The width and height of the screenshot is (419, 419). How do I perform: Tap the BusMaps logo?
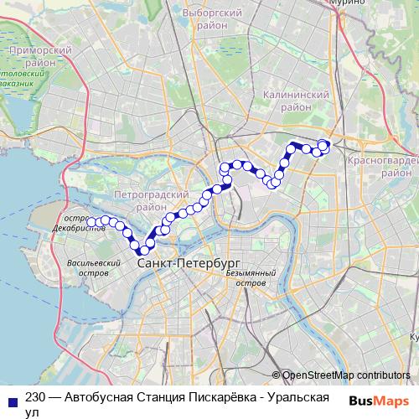(x=380, y=401)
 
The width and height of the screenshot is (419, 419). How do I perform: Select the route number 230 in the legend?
(x=35, y=399)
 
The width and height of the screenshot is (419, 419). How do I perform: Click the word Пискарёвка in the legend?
(x=215, y=399)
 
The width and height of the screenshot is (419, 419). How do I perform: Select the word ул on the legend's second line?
(x=32, y=412)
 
